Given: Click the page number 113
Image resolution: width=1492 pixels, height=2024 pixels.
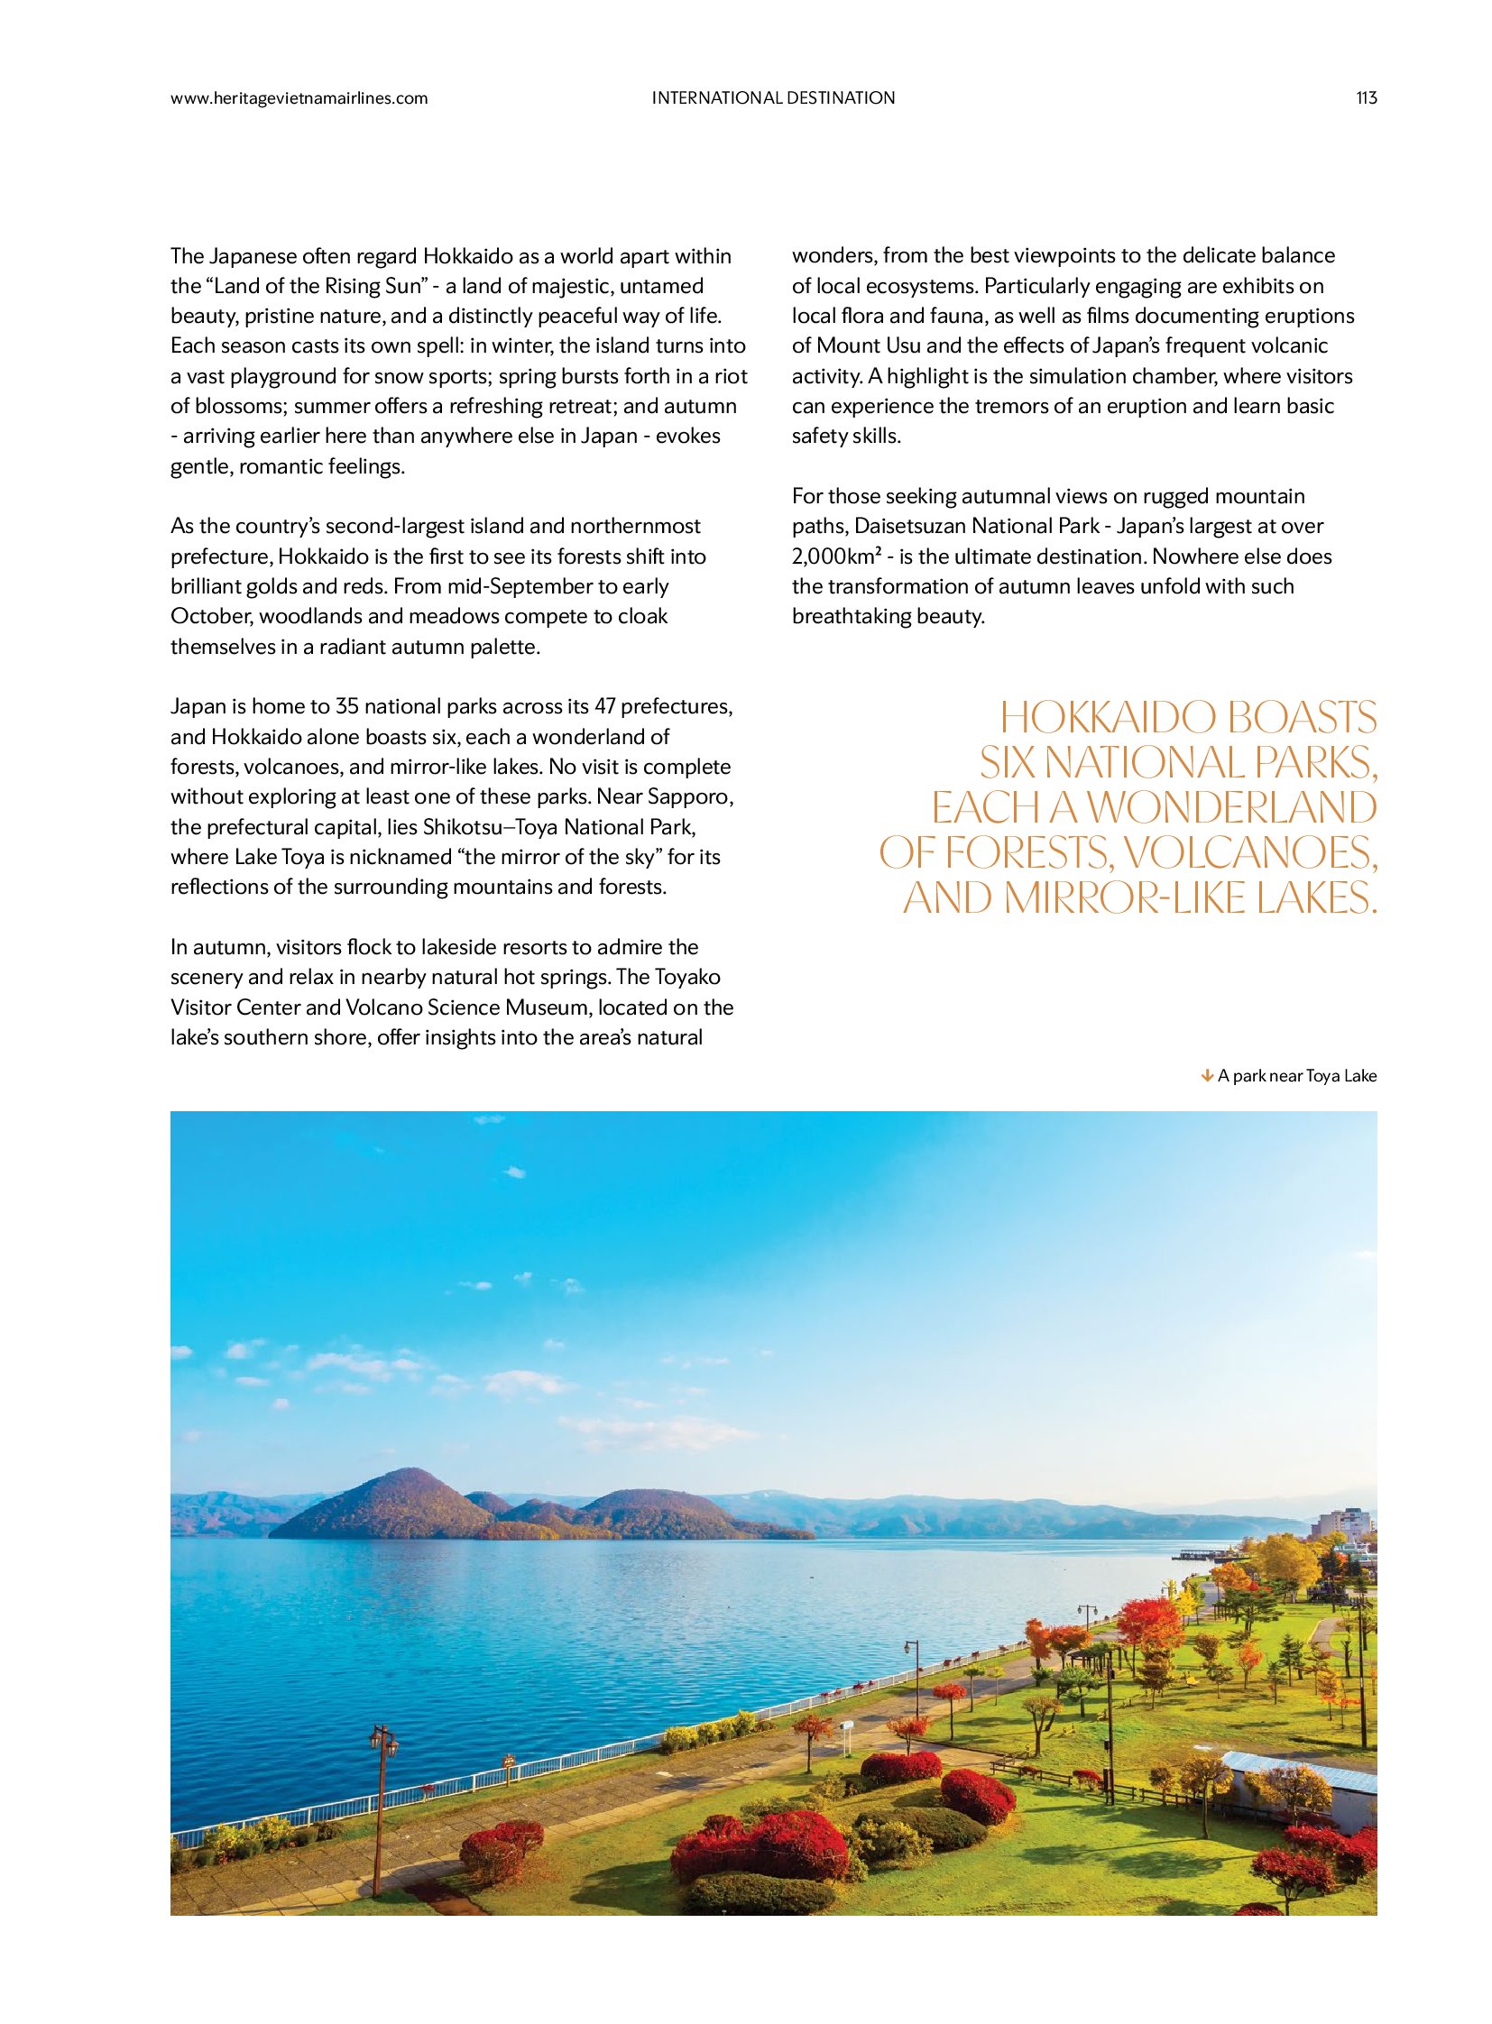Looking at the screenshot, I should click(x=1366, y=98).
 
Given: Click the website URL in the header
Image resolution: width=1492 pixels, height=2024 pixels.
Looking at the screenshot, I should click(x=299, y=98).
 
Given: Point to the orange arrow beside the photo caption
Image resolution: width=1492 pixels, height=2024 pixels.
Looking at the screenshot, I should click(x=1206, y=1075).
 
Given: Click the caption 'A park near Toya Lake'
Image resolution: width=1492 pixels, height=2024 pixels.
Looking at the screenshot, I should click(x=1296, y=1076).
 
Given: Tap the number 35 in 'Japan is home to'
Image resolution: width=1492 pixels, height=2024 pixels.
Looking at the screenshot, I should click(x=346, y=706).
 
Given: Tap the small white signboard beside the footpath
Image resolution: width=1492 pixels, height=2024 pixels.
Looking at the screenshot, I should click(x=847, y=1728).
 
